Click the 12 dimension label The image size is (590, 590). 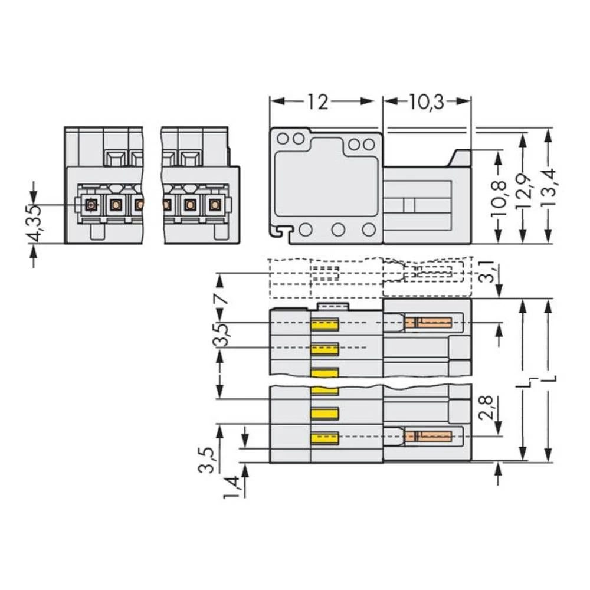317,101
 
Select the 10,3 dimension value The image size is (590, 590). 426,101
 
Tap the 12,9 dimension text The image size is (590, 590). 523,190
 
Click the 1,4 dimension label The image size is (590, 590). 233,487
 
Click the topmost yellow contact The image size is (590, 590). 324,324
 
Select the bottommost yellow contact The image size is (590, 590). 324,438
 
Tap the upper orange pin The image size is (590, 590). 428,323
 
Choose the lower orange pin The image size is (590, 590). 428,437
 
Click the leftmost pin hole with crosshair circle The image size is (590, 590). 91,205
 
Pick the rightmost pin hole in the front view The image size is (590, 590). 214,205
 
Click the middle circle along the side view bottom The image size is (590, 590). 337,230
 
